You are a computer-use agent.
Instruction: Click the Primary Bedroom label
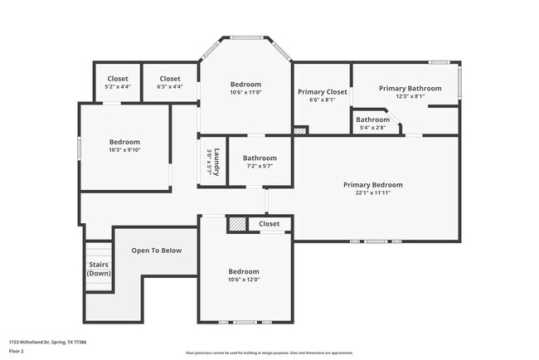pos(372,184)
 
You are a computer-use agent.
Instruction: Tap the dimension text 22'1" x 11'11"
pos(372,192)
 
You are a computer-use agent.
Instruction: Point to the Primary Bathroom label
pos(410,88)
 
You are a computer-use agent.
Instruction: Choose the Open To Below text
pos(156,251)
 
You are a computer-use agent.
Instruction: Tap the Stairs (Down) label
pos(99,269)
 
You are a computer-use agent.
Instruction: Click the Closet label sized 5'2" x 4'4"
pos(117,79)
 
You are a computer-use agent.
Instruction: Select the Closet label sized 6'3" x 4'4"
pos(169,79)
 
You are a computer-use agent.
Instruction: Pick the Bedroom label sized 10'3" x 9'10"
pos(124,142)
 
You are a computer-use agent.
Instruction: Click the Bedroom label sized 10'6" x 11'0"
pos(245,84)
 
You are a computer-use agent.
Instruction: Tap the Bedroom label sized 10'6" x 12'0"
pos(244,271)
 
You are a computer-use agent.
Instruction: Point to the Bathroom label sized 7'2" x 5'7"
pos(260,158)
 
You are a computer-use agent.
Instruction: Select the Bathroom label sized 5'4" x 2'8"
pos(372,119)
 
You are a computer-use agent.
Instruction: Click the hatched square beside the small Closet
pos(237,224)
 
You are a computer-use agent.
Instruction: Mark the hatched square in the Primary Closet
pos(300,130)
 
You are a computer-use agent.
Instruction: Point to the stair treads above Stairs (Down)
pos(99,251)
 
